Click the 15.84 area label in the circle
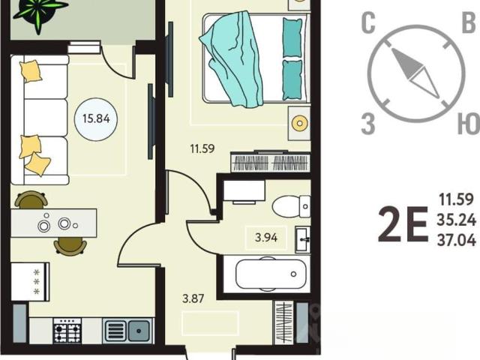coord(96,118)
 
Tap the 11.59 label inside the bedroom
coord(202,149)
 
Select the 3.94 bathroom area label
coord(266,237)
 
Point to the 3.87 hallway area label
coord(193,298)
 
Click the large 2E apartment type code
coord(403,224)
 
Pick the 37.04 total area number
coord(457,240)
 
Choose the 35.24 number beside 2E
coord(457,220)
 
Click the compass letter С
coord(368,23)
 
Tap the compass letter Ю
coord(468,124)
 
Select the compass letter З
coord(368,124)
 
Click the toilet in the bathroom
coord(291,206)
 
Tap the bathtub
coord(271,274)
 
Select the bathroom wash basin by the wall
coord(303,240)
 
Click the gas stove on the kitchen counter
coord(67,330)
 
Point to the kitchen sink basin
coord(139,331)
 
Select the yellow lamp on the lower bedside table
coord(299,123)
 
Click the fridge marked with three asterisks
coord(30,281)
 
